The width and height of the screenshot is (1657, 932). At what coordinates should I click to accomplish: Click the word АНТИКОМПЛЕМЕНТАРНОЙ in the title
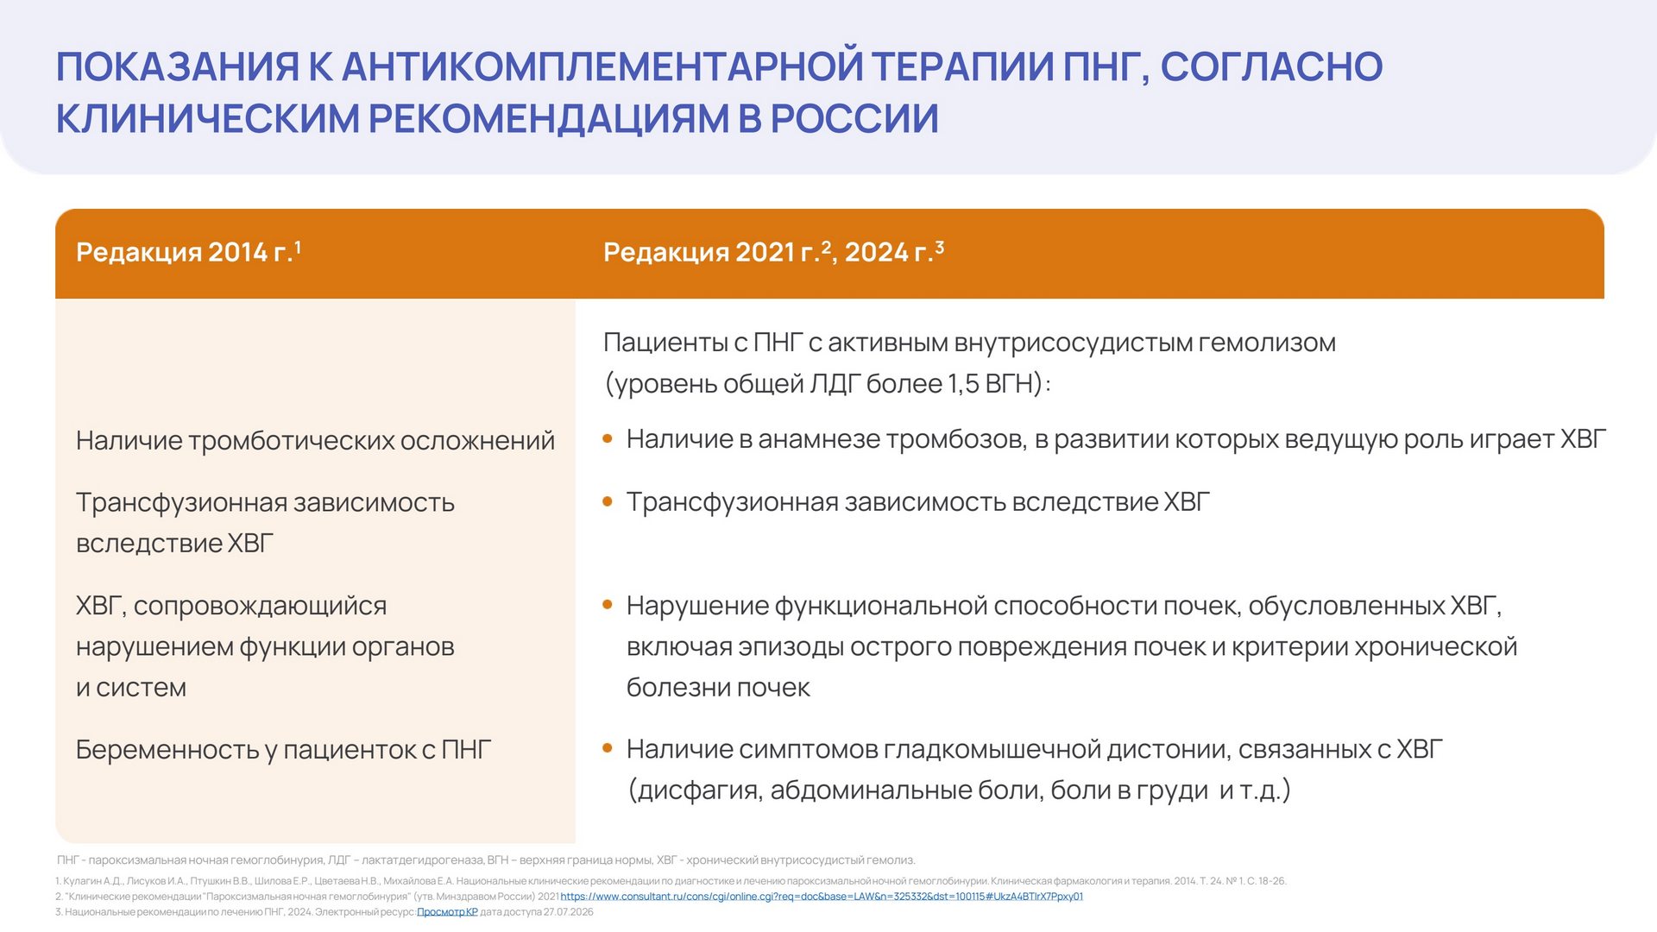click(x=602, y=67)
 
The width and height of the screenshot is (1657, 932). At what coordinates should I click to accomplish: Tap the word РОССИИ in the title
click(x=854, y=119)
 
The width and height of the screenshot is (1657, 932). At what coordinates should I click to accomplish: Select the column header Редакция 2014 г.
click(x=188, y=252)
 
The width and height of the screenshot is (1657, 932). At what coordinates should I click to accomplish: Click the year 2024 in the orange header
click(x=877, y=252)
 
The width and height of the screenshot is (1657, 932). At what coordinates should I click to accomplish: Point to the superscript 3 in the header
click(x=940, y=247)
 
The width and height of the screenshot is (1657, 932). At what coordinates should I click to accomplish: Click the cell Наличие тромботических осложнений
click(x=315, y=441)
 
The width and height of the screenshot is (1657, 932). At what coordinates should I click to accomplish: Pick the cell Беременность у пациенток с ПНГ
click(x=284, y=750)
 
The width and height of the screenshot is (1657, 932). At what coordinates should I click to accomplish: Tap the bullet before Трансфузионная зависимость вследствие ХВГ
click(x=608, y=501)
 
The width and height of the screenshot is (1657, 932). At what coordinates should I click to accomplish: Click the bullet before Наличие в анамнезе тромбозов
click(x=608, y=438)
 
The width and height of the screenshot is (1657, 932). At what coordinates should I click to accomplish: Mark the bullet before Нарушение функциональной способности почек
click(x=608, y=605)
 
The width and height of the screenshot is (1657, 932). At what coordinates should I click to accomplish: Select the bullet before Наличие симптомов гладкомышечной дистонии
click(x=608, y=748)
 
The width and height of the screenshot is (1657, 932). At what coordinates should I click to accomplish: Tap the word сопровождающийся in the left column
click(x=260, y=607)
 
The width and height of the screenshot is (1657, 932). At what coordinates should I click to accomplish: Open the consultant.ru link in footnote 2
click(x=822, y=897)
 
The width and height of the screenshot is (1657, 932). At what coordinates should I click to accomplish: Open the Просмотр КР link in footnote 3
click(x=447, y=912)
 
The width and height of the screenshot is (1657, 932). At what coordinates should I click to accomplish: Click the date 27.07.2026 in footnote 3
click(x=569, y=912)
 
